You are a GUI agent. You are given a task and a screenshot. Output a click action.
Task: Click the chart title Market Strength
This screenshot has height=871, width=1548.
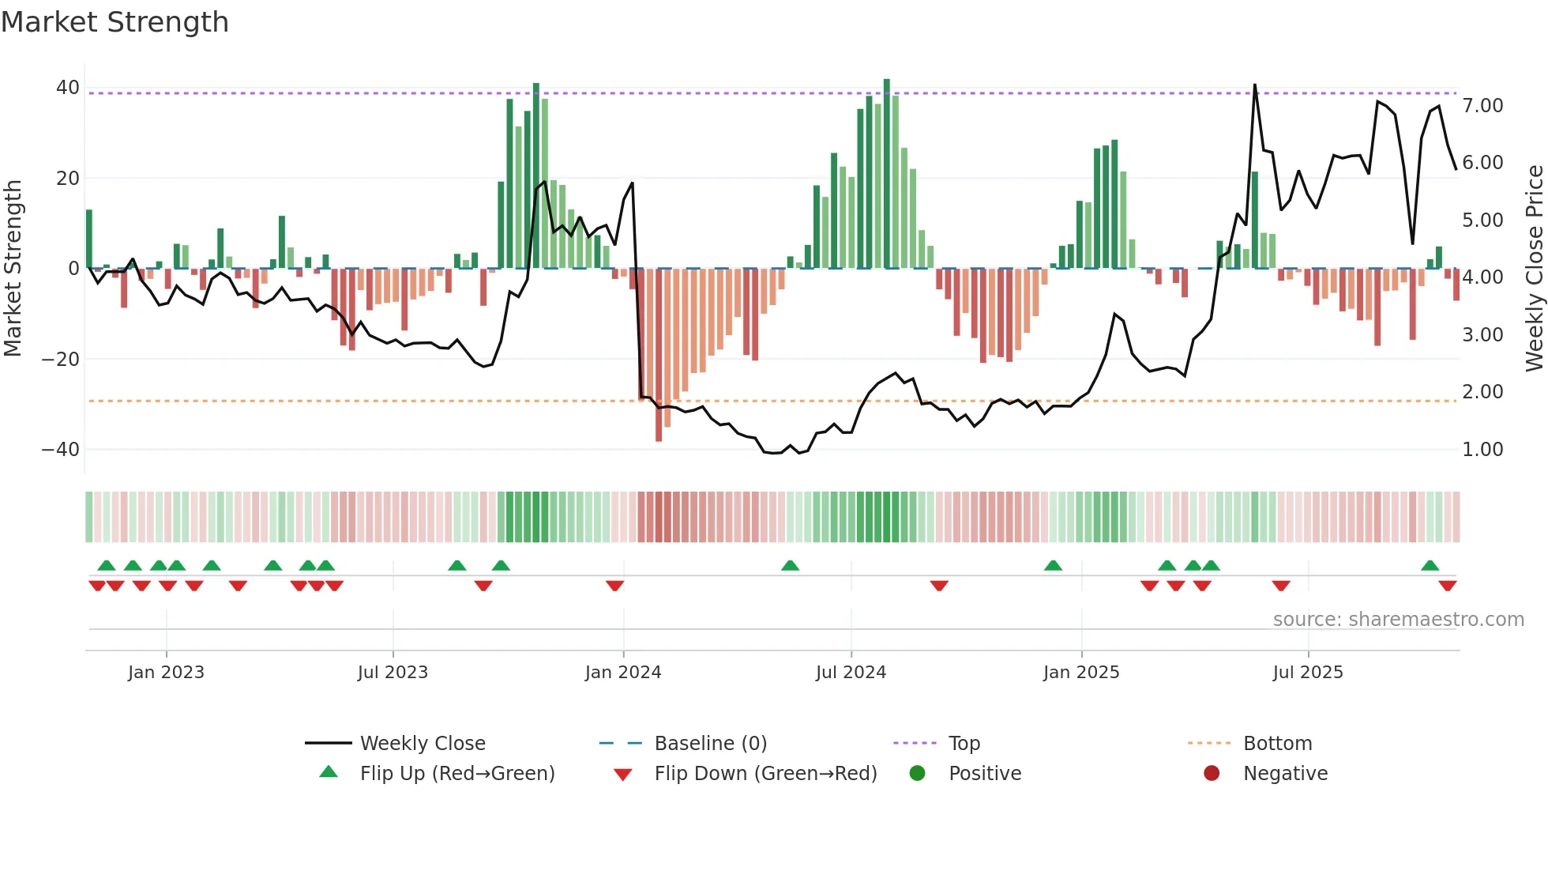point(115,22)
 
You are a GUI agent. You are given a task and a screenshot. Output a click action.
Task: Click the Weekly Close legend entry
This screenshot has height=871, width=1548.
point(423,744)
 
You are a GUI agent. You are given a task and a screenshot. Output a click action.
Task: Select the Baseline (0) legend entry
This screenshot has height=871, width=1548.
point(710,744)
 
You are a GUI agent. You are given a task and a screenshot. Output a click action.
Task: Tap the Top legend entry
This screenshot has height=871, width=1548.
point(964,744)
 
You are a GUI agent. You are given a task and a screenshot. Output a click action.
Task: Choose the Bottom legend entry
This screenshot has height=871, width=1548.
point(1277,744)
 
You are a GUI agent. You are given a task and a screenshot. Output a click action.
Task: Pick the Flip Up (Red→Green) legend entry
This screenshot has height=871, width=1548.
point(457,774)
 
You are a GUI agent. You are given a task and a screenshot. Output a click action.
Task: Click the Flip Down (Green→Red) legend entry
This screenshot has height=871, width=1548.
point(765,774)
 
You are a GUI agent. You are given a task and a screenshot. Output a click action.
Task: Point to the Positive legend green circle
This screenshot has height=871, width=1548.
point(917,773)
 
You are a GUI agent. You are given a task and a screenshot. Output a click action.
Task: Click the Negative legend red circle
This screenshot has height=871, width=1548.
point(1212,773)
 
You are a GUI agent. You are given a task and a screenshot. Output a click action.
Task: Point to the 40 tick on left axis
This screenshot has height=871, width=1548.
point(68,88)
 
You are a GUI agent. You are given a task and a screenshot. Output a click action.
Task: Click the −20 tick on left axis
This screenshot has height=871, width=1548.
point(61,359)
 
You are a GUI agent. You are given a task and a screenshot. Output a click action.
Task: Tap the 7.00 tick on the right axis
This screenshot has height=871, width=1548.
point(1482,106)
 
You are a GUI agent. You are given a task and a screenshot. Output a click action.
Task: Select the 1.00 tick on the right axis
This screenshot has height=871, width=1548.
point(1482,450)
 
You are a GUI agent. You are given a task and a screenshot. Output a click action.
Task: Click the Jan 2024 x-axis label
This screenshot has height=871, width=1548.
point(623,673)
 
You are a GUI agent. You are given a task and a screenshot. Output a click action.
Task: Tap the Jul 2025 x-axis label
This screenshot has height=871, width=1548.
point(1308,673)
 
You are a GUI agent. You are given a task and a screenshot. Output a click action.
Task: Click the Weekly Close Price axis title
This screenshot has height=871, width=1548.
point(1534,269)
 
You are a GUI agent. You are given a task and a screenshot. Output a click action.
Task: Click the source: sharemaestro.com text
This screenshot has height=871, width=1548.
point(1398,620)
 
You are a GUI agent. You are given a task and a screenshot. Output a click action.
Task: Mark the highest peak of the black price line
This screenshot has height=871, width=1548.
point(1254,85)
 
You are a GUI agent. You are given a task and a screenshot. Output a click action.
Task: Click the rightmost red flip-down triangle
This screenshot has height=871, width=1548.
point(1447,586)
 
